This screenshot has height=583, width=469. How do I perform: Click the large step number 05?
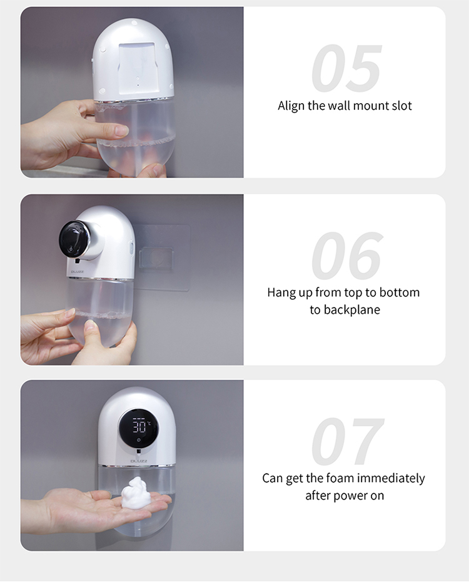(x=346, y=68)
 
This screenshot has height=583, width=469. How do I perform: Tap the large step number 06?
(x=346, y=256)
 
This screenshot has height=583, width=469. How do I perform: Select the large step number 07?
(x=347, y=441)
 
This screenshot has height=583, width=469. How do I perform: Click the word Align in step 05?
(x=291, y=106)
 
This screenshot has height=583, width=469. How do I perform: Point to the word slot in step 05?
(x=402, y=106)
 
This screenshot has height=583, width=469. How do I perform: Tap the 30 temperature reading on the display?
(x=140, y=426)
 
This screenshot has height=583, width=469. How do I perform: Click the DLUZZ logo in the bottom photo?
(x=139, y=461)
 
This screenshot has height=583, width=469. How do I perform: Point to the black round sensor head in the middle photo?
(x=75, y=239)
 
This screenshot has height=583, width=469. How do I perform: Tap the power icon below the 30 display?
(x=139, y=440)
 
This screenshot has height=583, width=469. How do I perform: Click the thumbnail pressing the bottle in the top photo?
(x=121, y=130)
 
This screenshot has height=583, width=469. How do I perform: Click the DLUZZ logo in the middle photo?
(x=78, y=272)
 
